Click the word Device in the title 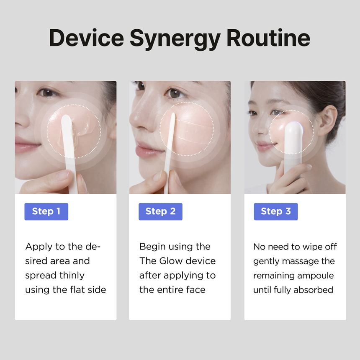pyautogui.click(x=87, y=38)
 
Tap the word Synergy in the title pyautogui.click(x=175, y=39)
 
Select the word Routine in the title pyautogui.click(x=268, y=37)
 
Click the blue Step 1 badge pyautogui.click(x=46, y=211)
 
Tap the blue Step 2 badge pyautogui.click(x=160, y=211)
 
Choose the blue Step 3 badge pyautogui.click(x=276, y=211)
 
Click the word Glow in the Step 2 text pyautogui.click(x=171, y=261)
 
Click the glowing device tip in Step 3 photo pyautogui.click(x=293, y=128)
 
